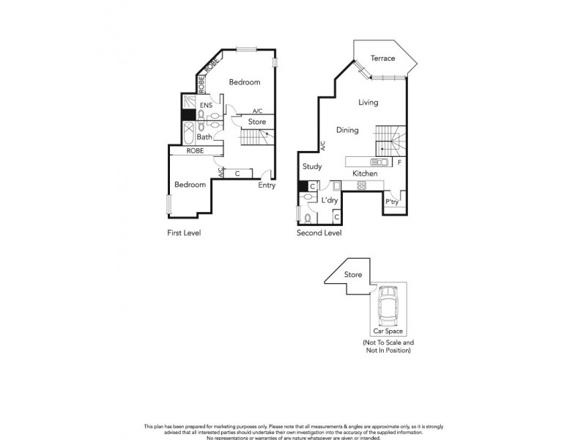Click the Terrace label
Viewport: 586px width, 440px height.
tap(382, 59)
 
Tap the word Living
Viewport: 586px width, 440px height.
tap(368, 103)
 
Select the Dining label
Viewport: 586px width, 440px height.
tap(347, 131)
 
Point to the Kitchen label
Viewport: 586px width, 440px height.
tap(365, 174)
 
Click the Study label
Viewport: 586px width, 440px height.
tap(312, 167)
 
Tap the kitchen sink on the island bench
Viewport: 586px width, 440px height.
tap(380, 162)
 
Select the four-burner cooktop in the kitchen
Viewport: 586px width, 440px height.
tap(361, 186)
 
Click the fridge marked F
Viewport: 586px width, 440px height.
tap(399, 161)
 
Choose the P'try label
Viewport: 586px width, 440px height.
tap(392, 202)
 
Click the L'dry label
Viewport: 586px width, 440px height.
tap(330, 200)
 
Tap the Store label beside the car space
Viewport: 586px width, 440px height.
tap(354, 275)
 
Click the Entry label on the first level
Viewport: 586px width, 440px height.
tap(267, 186)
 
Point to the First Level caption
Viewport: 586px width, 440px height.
tap(183, 233)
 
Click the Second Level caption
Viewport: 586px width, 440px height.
tap(319, 233)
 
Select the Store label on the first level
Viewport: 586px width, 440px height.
tap(256, 122)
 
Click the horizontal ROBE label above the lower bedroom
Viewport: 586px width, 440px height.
tap(195, 150)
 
